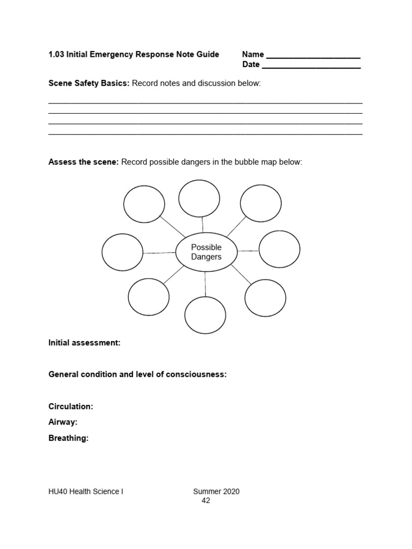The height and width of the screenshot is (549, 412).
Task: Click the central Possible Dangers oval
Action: [206, 252]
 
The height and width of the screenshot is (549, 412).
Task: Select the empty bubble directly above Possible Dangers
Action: [199, 198]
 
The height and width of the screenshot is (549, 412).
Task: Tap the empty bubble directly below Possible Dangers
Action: [205, 315]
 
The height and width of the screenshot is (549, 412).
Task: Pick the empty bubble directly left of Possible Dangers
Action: [122, 253]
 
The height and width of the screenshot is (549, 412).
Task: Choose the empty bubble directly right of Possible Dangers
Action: [279, 249]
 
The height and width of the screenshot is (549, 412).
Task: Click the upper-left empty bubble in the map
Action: [144, 204]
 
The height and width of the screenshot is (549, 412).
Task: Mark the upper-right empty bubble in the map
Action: [261, 203]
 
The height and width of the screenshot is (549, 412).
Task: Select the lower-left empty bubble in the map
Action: [149, 297]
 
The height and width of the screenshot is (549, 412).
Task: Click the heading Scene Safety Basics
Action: [89, 84]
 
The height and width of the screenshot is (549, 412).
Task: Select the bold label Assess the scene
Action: [83, 162]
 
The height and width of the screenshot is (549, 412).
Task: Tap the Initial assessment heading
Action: [84, 343]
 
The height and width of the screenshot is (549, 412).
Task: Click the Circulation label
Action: [71, 406]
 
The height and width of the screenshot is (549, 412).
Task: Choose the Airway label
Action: [63, 422]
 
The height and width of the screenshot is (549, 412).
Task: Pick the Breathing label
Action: [68, 438]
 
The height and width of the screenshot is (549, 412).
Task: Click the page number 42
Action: [206, 500]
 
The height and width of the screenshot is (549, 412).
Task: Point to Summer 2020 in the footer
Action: [216, 491]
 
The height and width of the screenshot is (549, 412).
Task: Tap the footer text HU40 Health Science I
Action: [86, 491]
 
